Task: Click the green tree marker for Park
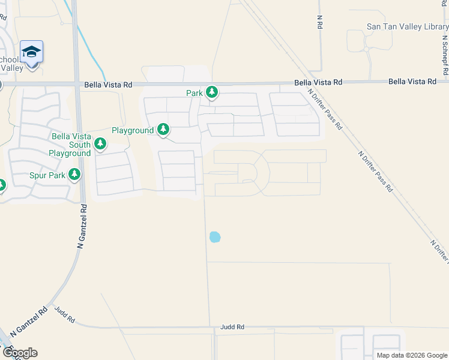point(211,92)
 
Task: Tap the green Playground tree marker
point(163,129)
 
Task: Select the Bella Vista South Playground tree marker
point(101,144)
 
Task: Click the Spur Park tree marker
point(74,175)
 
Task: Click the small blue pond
point(214,237)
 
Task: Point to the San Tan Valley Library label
point(407,27)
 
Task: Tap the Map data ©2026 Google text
point(412,355)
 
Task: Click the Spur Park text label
point(47,175)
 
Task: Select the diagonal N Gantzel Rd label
point(35,322)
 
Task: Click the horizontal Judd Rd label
point(232,327)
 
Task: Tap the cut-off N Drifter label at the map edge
point(441,251)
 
